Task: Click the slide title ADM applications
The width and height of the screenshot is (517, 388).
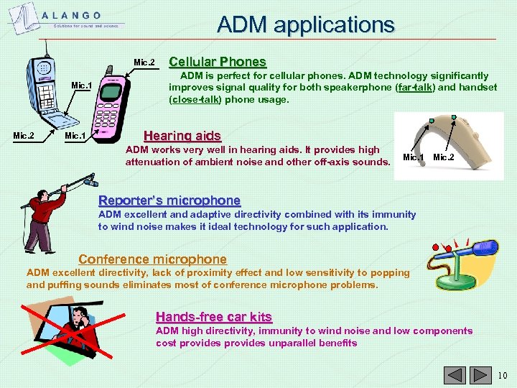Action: click(x=306, y=25)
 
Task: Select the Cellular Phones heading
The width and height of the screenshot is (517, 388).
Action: click(x=217, y=62)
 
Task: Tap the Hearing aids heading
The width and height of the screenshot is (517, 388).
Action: click(x=182, y=135)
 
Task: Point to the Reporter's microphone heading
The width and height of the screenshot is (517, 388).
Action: click(x=169, y=200)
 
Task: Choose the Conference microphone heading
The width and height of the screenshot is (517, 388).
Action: click(x=152, y=259)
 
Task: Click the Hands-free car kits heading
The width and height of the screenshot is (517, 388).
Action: click(x=214, y=317)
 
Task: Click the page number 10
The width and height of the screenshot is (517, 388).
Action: click(x=502, y=375)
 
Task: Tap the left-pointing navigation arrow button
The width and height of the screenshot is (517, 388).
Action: click(x=455, y=375)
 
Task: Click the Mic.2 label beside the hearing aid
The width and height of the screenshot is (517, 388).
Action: click(x=444, y=157)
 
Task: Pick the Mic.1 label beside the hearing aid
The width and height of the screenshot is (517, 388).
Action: click(x=413, y=157)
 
